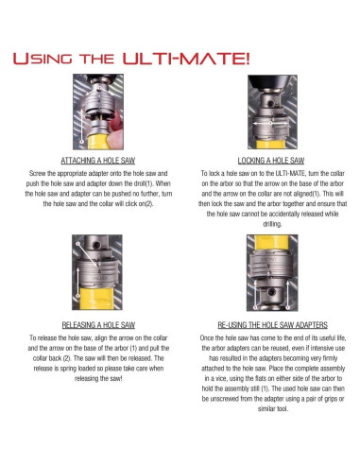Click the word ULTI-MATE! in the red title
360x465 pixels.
[186, 59]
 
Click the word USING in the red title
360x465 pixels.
[43, 59]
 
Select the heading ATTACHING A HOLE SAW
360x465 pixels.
[98, 161]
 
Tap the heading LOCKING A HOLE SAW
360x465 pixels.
[271, 161]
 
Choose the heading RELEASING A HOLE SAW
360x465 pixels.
[98, 325]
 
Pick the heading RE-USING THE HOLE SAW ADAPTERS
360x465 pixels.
[273, 325]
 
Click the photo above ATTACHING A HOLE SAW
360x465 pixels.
[98, 112]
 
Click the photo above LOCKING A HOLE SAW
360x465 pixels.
[272, 112]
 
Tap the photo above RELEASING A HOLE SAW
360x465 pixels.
[97, 272]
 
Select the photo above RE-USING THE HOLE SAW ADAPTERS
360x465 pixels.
[272, 273]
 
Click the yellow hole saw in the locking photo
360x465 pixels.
[271, 145]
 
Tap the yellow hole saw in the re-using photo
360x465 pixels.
[272, 244]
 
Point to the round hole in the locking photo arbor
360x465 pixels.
[269, 103]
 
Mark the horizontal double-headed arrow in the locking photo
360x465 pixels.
[271, 123]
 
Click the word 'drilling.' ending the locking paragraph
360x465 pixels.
[272, 224]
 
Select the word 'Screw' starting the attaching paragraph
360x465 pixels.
[38, 173]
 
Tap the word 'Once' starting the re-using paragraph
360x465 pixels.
[207, 338]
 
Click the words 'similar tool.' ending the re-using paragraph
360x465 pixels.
[273, 408]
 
